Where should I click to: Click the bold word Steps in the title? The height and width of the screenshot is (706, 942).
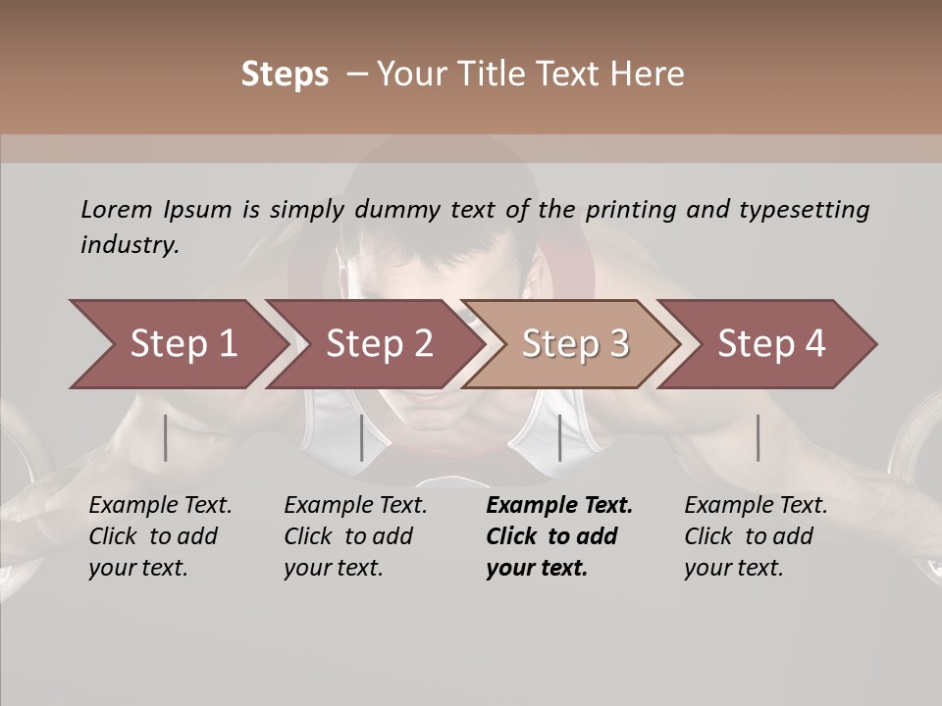pyautogui.click(x=285, y=75)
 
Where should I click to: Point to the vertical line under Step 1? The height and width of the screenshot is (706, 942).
pyautogui.click(x=166, y=437)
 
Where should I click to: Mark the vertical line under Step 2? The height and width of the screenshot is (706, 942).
pyautogui.click(x=362, y=437)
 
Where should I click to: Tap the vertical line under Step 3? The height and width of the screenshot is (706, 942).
pyautogui.click(x=559, y=437)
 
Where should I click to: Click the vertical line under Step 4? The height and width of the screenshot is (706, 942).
pyautogui.click(x=758, y=437)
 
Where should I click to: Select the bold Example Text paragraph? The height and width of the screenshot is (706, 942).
pyautogui.click(x=559, y=536)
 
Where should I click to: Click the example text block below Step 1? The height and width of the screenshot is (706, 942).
pyautogui.click(x=160, y=536)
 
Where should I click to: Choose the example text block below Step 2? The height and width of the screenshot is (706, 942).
pyautogui.click(x=355, y=536)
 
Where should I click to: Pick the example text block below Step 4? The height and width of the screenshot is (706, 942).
pyautogui.click(x=756, y=536)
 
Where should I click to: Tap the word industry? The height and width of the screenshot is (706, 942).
pyautogui.click(x=130, y=245)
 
